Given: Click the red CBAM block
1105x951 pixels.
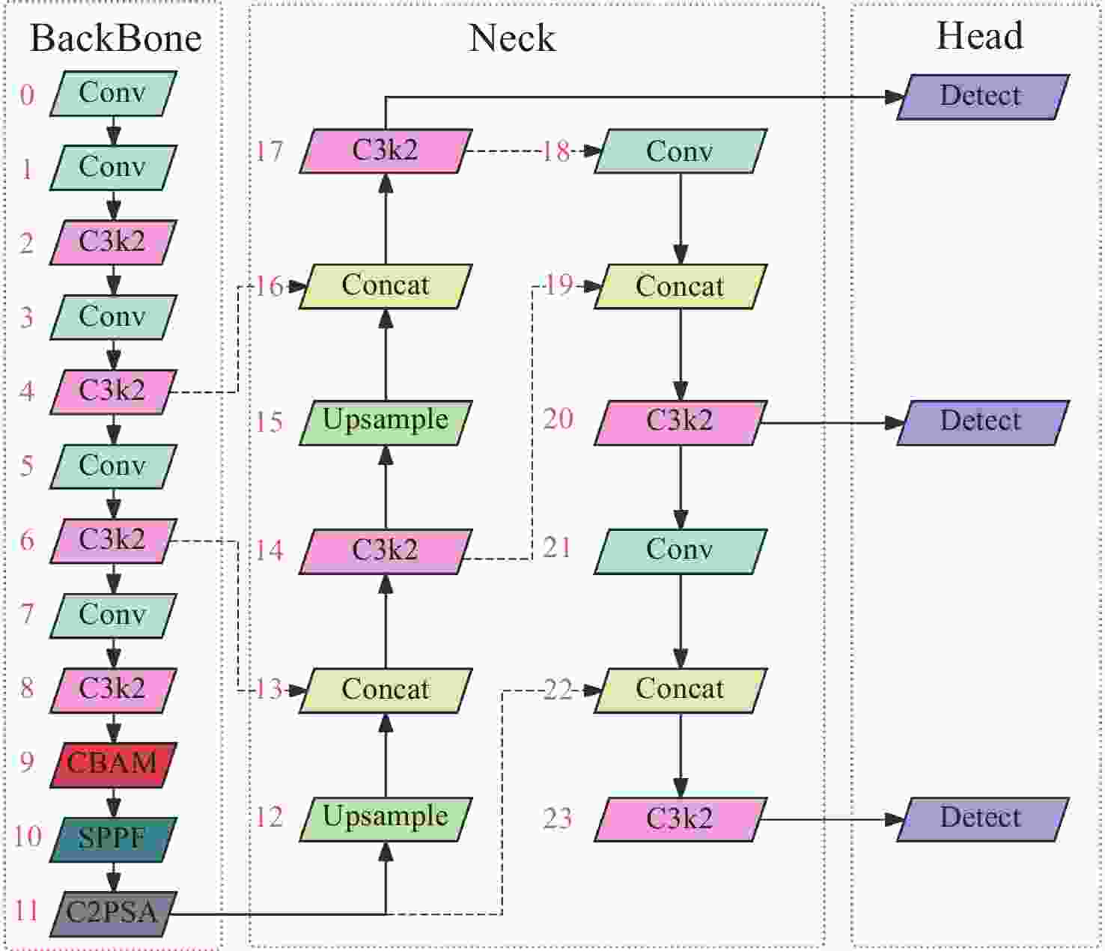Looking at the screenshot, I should [113, 765].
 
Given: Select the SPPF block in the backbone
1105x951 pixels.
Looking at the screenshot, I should [113, 839].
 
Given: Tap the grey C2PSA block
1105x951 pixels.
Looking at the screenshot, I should [113, 914].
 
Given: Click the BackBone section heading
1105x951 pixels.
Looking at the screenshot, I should [115, 39].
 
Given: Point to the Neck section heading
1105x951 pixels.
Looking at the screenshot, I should [512, 39].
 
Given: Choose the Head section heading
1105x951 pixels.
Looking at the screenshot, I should [979, 36].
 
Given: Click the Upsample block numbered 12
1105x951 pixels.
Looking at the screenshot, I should [386, 818].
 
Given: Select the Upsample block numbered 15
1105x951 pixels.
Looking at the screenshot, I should [386, 422].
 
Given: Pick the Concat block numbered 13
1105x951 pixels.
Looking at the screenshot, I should [386, 690].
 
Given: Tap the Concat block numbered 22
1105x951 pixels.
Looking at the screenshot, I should [680, 690].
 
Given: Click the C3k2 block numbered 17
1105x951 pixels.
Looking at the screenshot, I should [386, 151].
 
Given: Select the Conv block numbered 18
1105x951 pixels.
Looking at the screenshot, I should [680, 152].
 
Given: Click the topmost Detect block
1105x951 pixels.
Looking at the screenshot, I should [982, 97].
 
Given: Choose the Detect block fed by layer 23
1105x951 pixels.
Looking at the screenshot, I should [982, 819].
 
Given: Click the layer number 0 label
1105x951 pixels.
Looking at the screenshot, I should [27, 95].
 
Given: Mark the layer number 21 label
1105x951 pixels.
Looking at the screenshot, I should [558, 548].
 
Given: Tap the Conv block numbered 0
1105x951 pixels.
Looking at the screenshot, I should [113, 94].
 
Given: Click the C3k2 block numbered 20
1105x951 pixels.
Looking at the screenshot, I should [680, 422].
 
